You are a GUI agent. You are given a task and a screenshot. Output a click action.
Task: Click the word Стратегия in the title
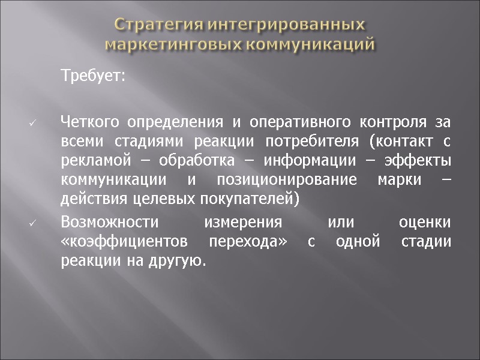pyautogui.click(x=152, y=25)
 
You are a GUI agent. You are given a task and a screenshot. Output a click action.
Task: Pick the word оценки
pyautogui.click(x=425, y=222)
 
